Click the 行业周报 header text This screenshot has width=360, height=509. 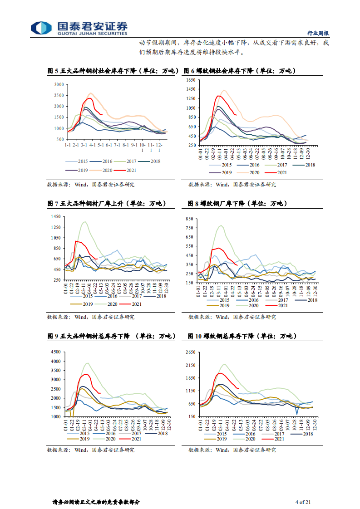pyautogui.click(x=318, y=33)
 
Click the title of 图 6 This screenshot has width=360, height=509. pyautogui.click(x=239, y=71)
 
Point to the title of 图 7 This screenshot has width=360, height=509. pyautogui.click(x=106, y=204)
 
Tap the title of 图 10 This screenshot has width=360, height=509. pyautogui.click(x=242, y=336)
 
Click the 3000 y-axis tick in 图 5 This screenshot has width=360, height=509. pyautogui.click(x=59, y=84)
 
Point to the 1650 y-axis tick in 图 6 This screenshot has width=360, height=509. pyautogui.click(x=190, y=80)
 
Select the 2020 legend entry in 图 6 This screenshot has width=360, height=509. pyautogui.click(x=255, y=172)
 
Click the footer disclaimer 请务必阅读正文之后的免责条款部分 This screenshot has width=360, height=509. pyautogui.click(x=96, y=502)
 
